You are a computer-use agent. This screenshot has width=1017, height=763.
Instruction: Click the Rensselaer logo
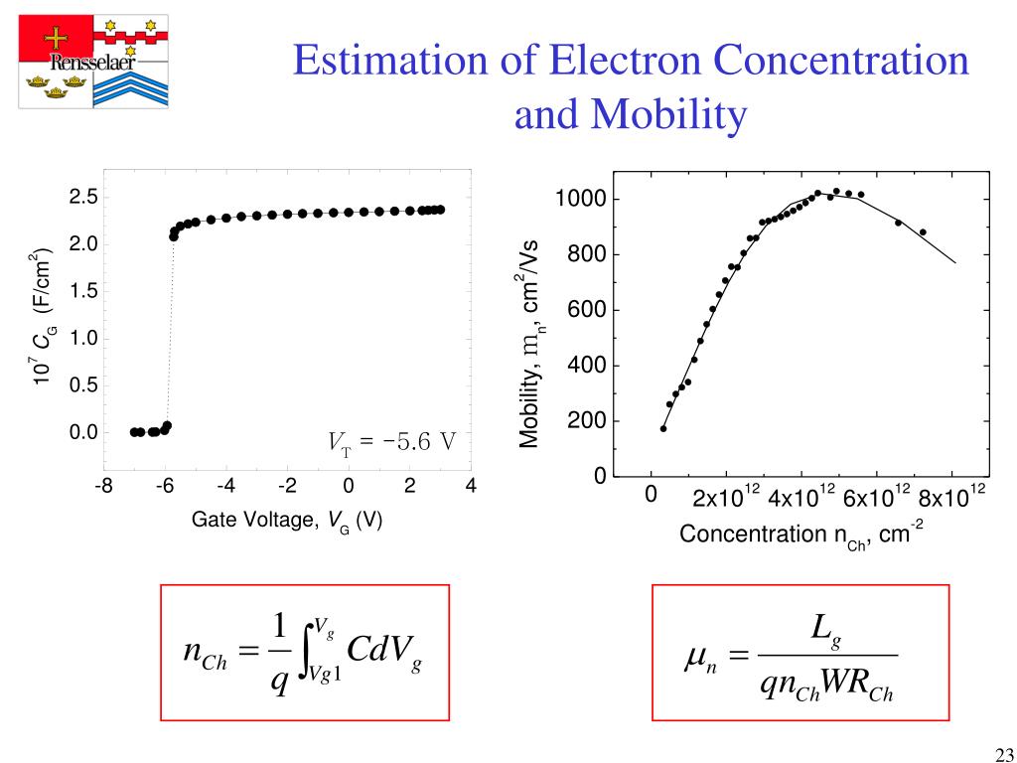click(94, 62)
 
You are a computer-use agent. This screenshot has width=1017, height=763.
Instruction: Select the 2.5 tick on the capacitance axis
click(82, 197)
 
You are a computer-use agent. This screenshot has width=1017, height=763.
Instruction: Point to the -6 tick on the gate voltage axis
click(165, 486)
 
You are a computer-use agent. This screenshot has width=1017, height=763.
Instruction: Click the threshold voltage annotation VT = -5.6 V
click(391, 441)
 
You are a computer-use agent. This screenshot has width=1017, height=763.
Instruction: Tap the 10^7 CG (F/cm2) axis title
click(42, 317)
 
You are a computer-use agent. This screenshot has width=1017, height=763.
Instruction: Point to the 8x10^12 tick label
click(951, 496)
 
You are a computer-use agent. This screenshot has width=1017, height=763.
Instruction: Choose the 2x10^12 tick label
click(726, 496)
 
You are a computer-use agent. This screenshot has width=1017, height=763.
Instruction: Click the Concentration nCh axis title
click(801, 534)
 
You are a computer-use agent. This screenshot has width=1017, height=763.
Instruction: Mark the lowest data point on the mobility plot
click(663, 428)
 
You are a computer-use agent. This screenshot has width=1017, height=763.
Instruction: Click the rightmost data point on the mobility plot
click(923, 232)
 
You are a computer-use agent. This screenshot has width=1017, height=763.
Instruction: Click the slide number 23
click(1000, 751)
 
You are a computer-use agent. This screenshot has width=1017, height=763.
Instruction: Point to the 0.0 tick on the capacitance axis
click(82, 432)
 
